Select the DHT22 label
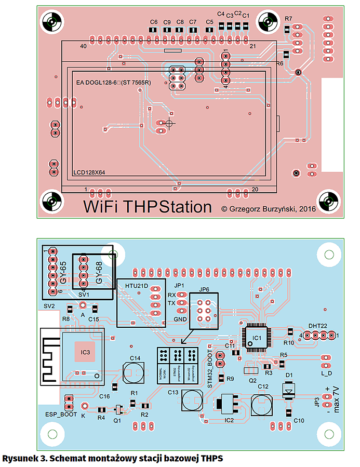click(x=318, y=325)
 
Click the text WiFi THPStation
click(x=148, y=207)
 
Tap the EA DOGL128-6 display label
click(x=113, y=83)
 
